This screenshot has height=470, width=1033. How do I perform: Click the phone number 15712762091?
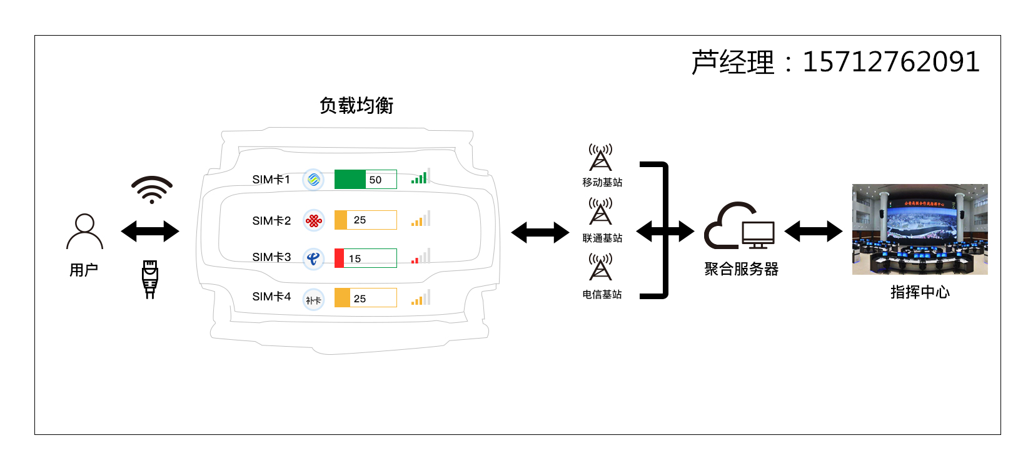890,62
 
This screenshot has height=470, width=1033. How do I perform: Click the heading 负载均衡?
356,106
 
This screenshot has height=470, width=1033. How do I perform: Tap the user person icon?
84,232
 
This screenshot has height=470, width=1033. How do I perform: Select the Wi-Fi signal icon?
152,190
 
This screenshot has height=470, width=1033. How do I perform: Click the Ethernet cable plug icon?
150,279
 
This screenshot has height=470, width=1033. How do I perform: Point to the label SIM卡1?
271,180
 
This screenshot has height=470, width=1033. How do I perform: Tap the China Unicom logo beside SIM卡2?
314,220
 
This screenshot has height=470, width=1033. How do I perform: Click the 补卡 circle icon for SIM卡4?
313,300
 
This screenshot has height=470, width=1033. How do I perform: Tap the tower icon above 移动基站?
600,157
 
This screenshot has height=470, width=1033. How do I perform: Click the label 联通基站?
602,238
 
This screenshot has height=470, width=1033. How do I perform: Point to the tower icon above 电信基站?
600,267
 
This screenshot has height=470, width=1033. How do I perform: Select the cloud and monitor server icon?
740,226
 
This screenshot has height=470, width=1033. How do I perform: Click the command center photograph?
920,229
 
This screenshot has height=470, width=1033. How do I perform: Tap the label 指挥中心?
920,292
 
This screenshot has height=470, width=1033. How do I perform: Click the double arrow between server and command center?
814,232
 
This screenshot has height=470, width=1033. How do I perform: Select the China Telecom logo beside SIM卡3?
313,258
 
